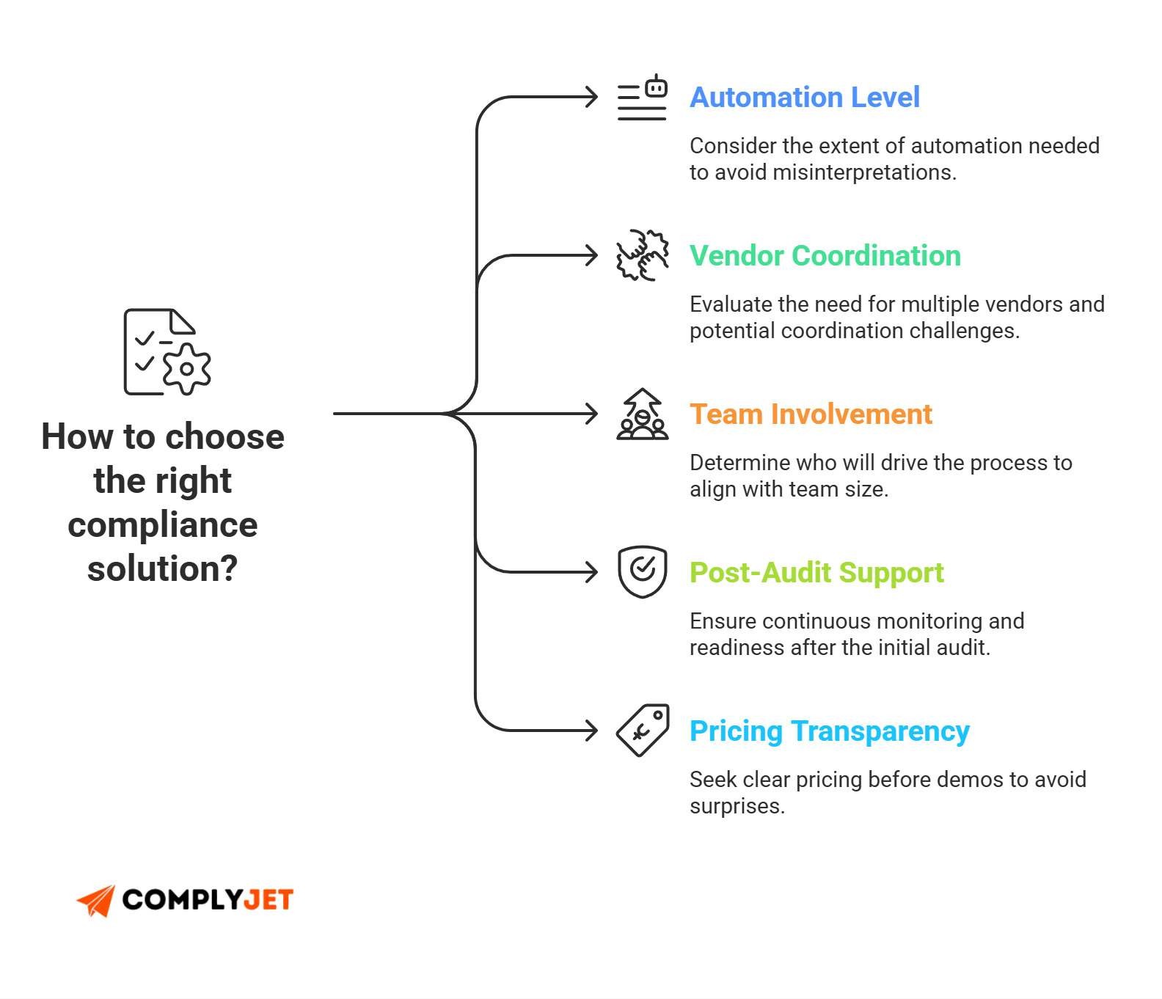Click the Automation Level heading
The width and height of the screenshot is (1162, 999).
coord(804,98)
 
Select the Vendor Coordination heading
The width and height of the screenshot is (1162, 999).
coord(825,256)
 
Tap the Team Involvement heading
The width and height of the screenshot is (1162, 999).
coord(811,414)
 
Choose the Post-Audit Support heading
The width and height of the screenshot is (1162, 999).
coord(816,573)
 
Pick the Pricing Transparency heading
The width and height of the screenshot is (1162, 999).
coord(829,731)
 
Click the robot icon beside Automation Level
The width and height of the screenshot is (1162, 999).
coord(642,98)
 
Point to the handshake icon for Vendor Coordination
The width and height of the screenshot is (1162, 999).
coord(642,255)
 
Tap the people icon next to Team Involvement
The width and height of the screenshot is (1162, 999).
coord(642,414)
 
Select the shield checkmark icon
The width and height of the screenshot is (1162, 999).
coord(642,571)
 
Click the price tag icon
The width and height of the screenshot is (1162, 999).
coord(643,730)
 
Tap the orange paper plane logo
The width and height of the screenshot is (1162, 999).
coord(96,901)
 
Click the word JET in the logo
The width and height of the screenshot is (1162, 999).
coord(268,900)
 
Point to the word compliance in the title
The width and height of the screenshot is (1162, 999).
coord(162,525)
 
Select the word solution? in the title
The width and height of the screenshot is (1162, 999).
coord(162,568)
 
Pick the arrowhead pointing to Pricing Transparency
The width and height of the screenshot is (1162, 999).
coord(591,731)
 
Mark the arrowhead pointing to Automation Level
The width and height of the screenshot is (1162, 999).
coord(591,98)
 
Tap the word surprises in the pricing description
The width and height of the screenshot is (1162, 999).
coord(736,806)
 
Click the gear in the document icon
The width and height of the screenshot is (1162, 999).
coord(186,369)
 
